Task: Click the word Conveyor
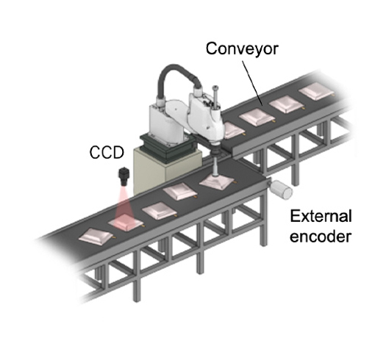(242, 49)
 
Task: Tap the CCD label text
(107, 153)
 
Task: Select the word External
(321, 217)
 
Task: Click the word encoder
(321, 237)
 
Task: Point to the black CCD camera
(124, 176)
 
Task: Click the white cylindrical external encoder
(281, 189)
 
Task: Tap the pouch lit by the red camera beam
(126, 223)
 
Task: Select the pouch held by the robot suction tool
(218, 182)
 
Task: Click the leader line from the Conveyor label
(252, 83)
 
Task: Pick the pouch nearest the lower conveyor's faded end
(96, 237)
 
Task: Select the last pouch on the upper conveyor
(317, 92)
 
